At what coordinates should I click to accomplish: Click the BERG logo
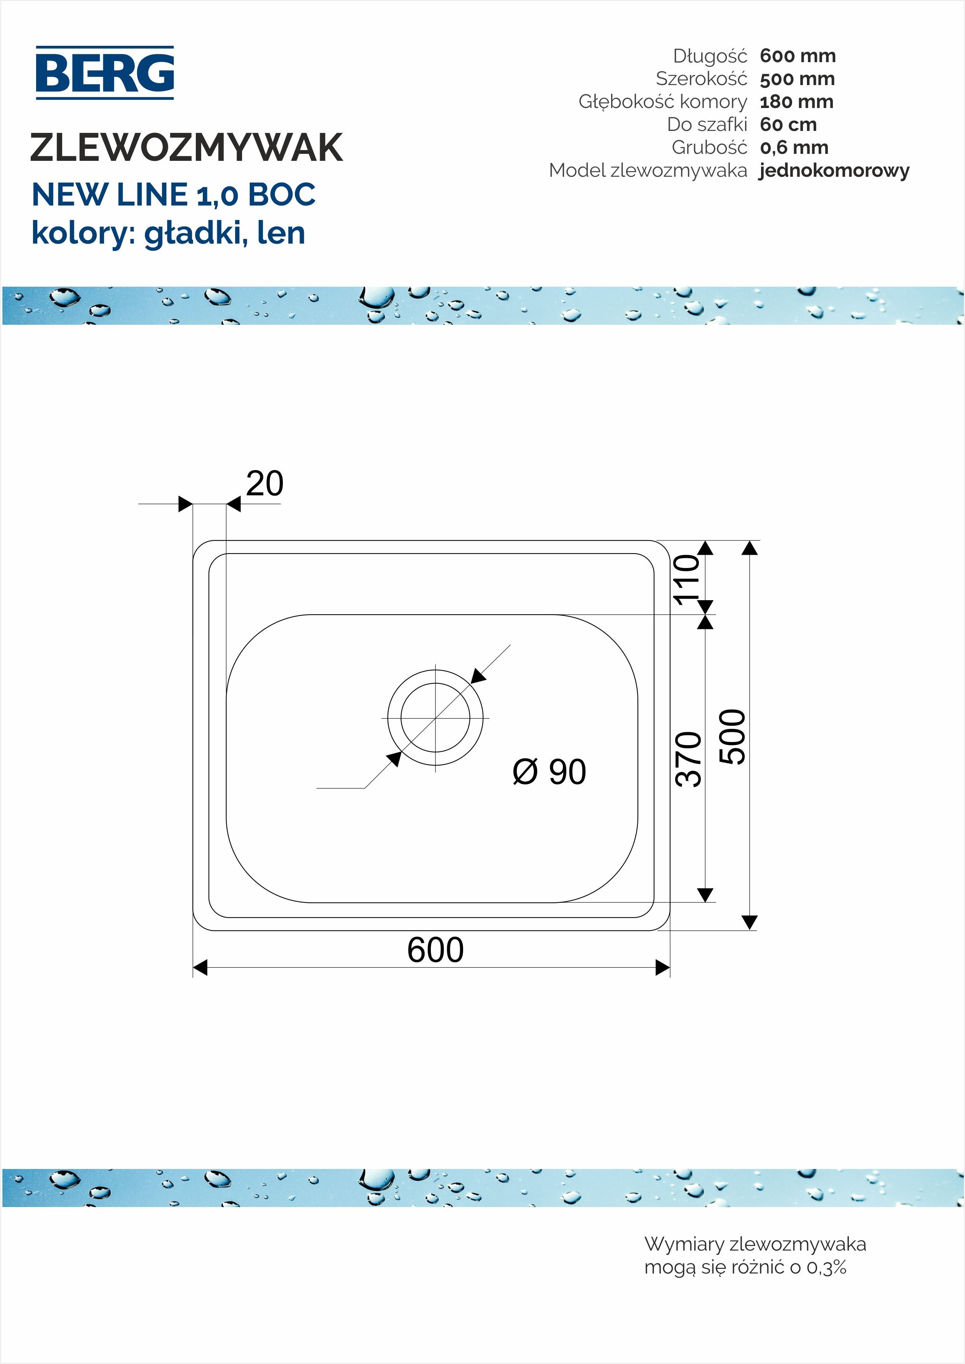point(105,73)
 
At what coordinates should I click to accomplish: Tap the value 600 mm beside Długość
point(798,56)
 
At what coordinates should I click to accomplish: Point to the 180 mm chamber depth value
point(796,101)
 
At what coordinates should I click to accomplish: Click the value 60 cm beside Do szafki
point(788,125)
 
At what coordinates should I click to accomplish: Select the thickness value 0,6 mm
point(794,147)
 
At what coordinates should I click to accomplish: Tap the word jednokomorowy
point(834,171)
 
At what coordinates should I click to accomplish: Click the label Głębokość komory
point(662,101)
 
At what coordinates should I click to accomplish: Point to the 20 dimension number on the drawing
point(265,484)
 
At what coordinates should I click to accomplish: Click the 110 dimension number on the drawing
point(687,580)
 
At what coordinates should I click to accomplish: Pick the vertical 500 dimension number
point(732,737)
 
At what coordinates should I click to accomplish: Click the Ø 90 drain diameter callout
point(549,772)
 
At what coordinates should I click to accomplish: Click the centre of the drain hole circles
point(435,718)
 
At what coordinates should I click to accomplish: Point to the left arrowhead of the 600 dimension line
point(200,968)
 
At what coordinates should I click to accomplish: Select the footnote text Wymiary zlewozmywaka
point(755,1244)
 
